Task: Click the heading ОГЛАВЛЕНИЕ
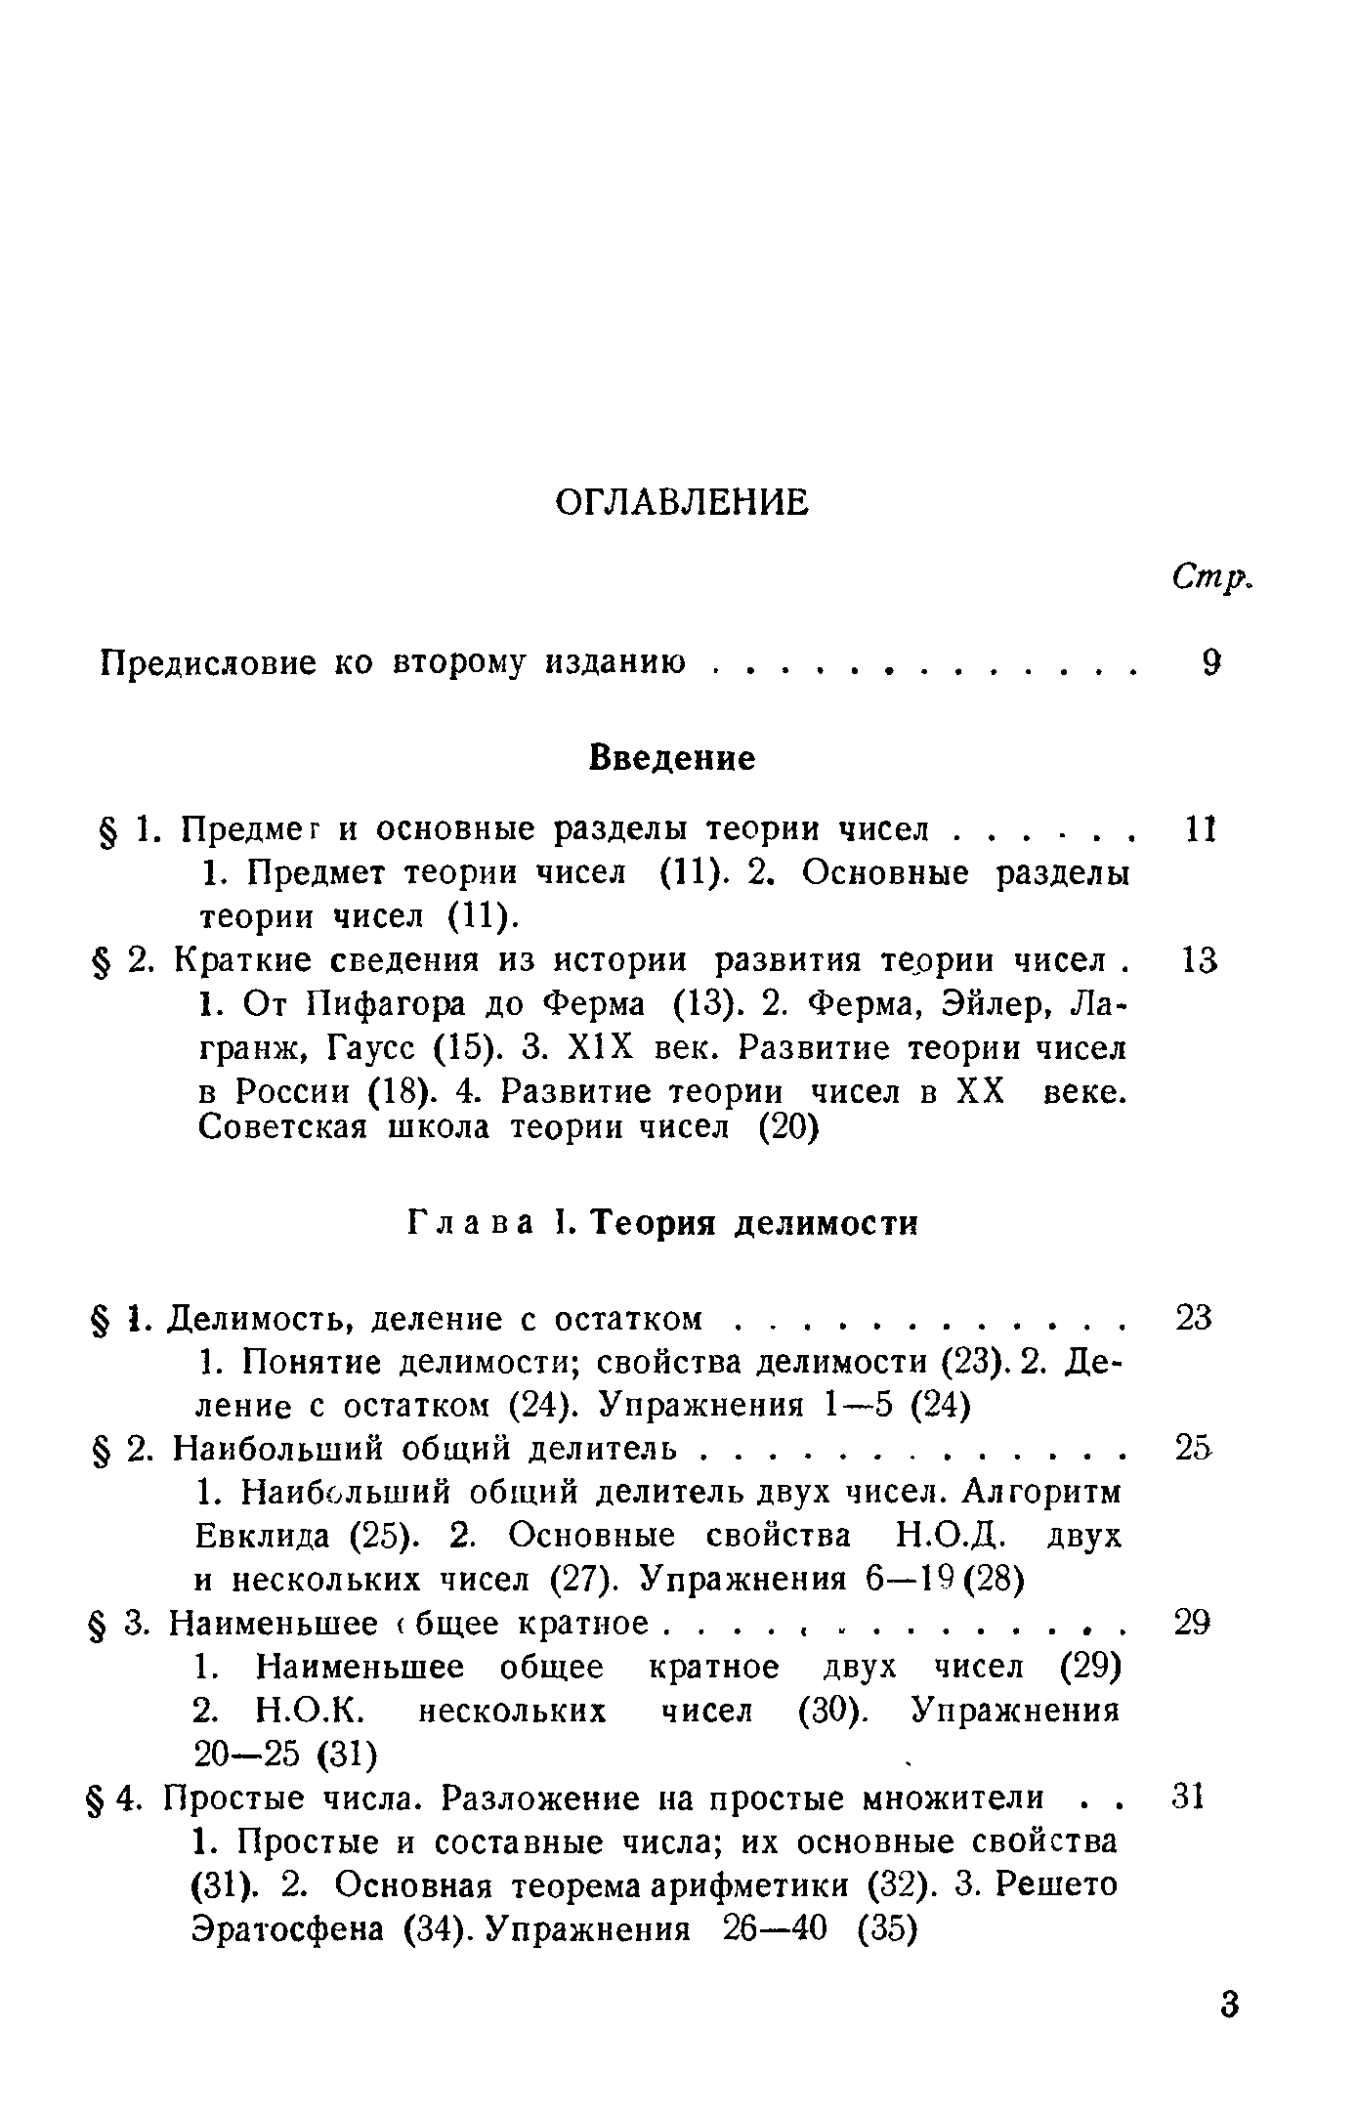[x=681, y=503]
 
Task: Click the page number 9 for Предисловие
[x=1212, y=663]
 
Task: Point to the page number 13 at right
[x=1199, y=960]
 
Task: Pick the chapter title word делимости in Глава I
[x=826, y=1223]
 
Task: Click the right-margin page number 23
[x=1194, y=1318]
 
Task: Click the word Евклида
[x=263, y=1537]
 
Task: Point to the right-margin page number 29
[x=1192, y=1624]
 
